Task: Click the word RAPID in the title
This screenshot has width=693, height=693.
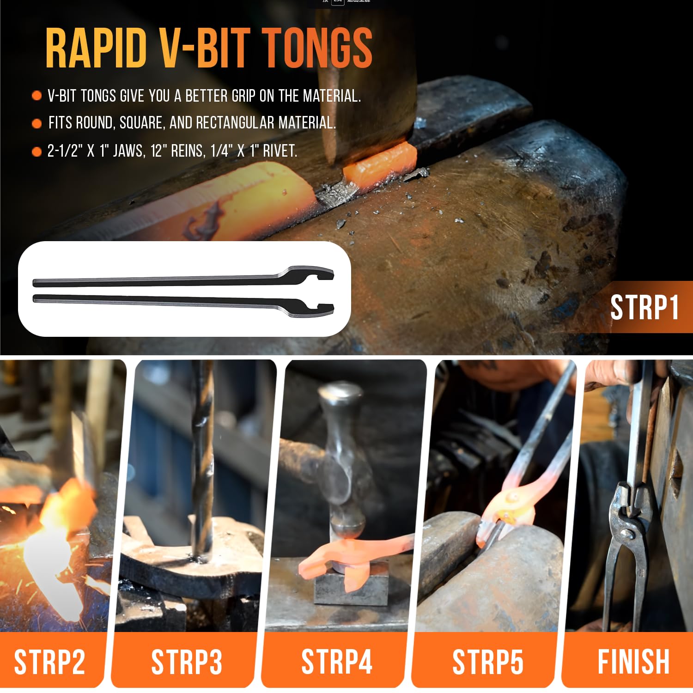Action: coord(96,48)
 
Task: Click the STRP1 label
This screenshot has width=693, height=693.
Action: coord(644,307)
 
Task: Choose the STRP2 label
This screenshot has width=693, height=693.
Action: coord(49,662)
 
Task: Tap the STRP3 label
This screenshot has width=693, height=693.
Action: coord(187,662)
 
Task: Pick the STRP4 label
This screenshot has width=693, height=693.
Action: coord(337,662)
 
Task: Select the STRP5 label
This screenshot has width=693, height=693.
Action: coord(487,662)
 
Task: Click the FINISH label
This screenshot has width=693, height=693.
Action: coord(633,662)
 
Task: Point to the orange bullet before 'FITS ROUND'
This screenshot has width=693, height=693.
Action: coord(37,124)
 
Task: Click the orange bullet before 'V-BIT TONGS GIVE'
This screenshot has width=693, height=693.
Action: coord(37,96)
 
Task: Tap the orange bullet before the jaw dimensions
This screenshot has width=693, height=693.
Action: coord(37,152)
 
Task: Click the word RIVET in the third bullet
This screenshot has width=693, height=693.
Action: coord(280,151)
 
